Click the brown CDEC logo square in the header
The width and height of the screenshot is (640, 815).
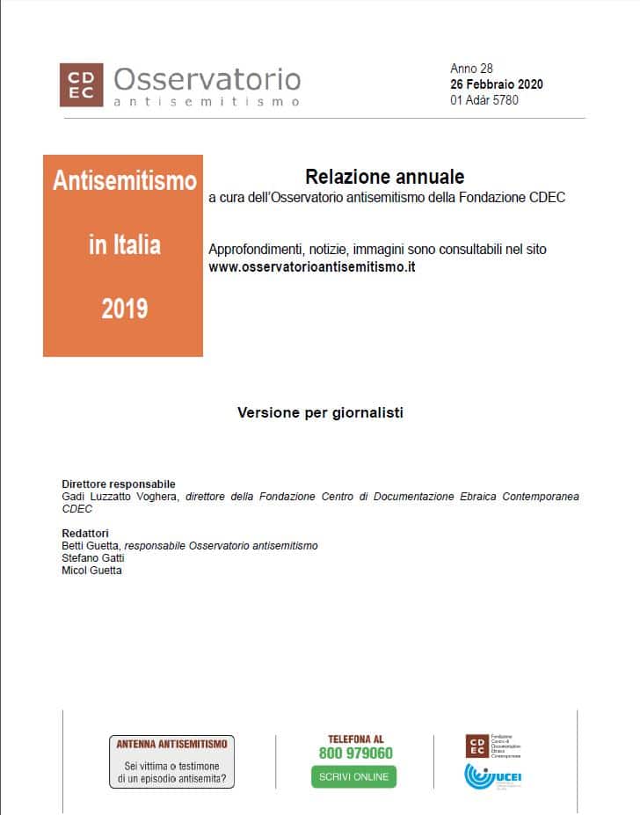(81, 84)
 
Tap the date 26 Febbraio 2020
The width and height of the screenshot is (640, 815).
(496, 84)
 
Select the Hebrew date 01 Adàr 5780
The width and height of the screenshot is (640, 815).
(484, 100)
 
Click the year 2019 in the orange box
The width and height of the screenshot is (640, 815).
(124, 309)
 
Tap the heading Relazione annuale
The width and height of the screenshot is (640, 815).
(385, 177)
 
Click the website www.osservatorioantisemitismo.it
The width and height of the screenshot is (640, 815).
(311, 266)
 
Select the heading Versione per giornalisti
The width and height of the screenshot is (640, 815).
(320, 412)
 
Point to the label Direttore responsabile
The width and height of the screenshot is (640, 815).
(119, 484)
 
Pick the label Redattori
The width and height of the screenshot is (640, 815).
(85, 534)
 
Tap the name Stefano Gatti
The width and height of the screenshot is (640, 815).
(92, 558)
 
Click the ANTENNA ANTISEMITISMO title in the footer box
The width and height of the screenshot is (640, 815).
(171, 744)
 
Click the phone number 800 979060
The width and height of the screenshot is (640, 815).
(355, 753)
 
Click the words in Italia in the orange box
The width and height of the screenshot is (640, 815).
(124, 244)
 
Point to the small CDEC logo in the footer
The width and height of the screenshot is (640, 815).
(476, 746)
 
